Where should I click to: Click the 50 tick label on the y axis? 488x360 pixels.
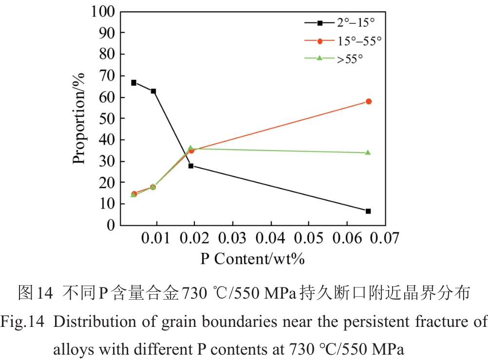tap(108, 118)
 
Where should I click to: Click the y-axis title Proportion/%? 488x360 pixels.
tap(79, 118)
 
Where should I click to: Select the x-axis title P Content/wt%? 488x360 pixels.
tap(253, 258)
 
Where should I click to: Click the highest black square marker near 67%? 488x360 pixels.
tap(133, 83)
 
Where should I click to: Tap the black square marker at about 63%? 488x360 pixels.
tap(153, 91)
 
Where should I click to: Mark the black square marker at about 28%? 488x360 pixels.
tap(191, 166)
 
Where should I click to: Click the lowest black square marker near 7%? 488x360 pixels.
tap(368, 211)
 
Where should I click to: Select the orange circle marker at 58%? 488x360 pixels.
tap(369, 101)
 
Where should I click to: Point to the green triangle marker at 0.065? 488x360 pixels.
tap(368, 152)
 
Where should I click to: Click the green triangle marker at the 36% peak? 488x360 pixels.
tap(191, 148)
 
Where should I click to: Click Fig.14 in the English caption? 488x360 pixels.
tap(22, 322)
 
